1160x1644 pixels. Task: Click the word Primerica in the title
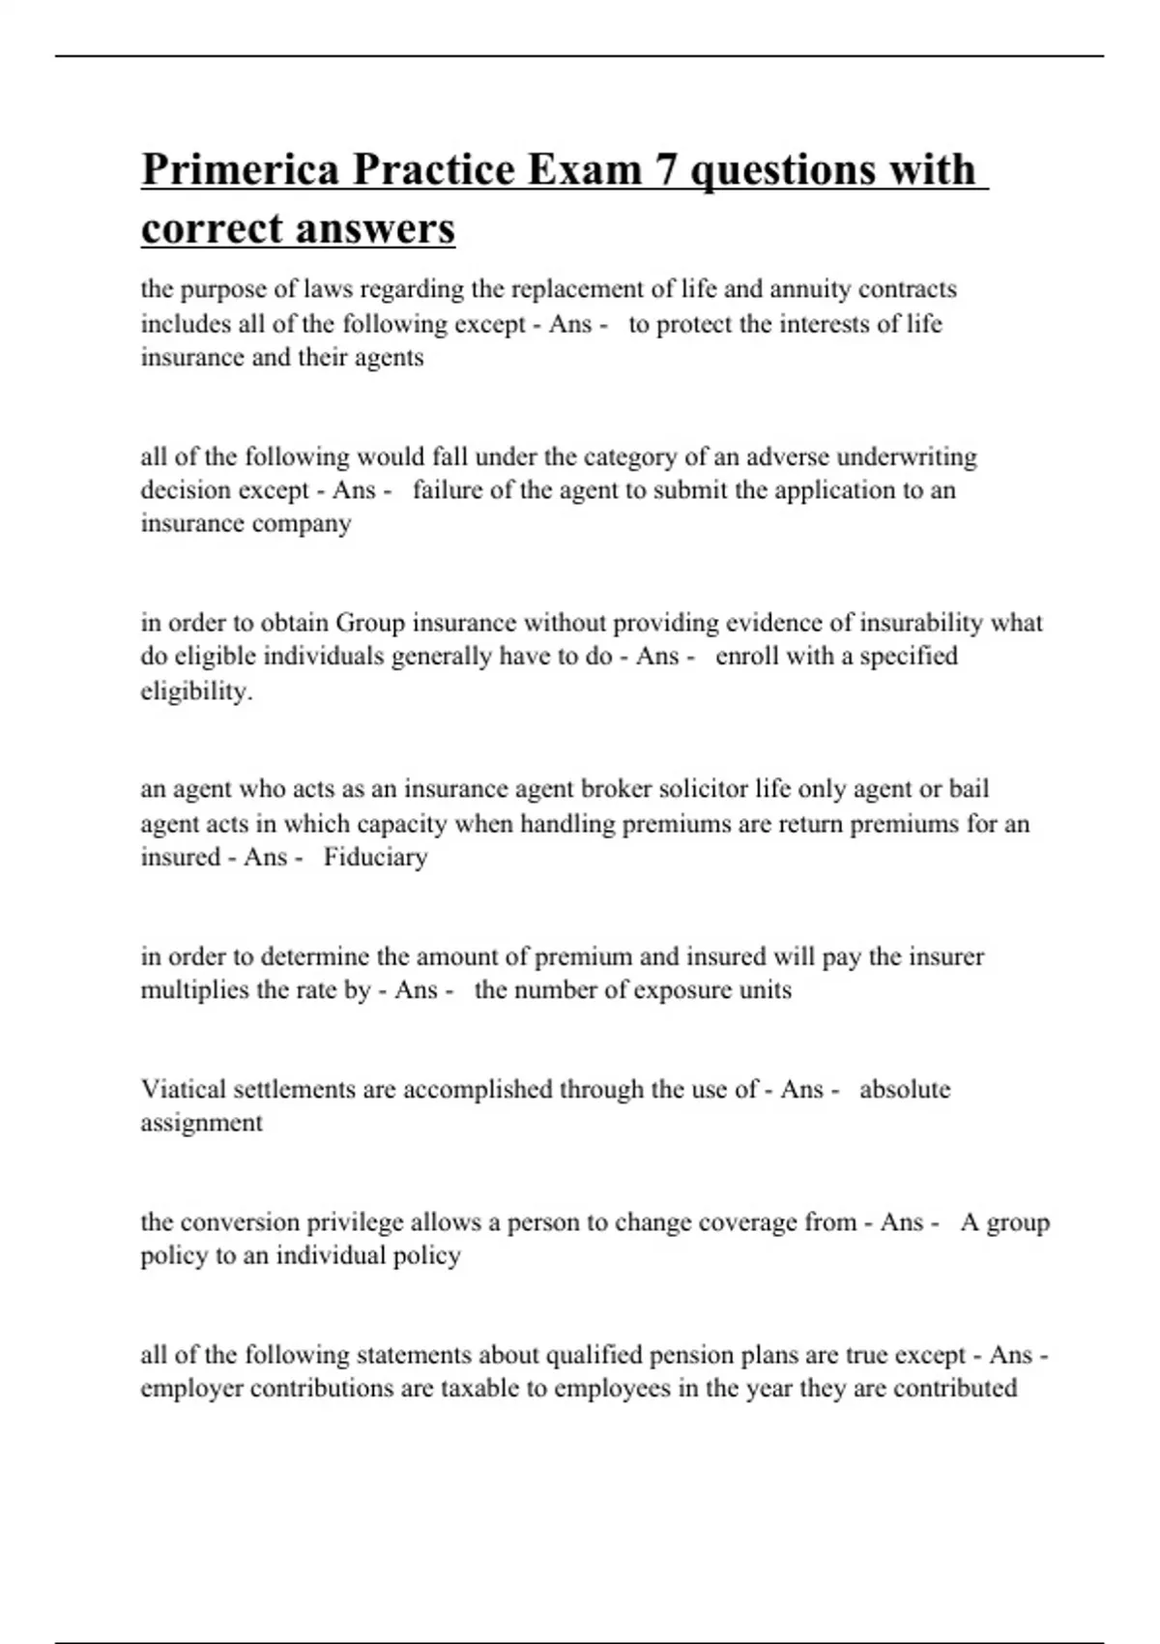point(240,170)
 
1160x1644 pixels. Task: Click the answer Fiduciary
point(375,858)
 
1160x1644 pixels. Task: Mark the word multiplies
point(195,990)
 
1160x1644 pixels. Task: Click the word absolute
point(905,1090)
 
